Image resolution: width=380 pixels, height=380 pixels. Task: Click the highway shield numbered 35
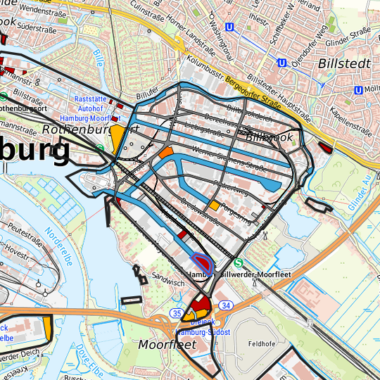[x=177, y=312]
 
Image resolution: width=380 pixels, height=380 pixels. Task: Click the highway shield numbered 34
[x=225, y=305]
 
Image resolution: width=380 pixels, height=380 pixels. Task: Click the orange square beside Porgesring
[x=213, y=205]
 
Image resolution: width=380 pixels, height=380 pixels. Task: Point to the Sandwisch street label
[x=167, y=279]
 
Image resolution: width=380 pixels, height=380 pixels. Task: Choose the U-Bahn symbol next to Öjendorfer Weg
[x=281, y=63]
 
